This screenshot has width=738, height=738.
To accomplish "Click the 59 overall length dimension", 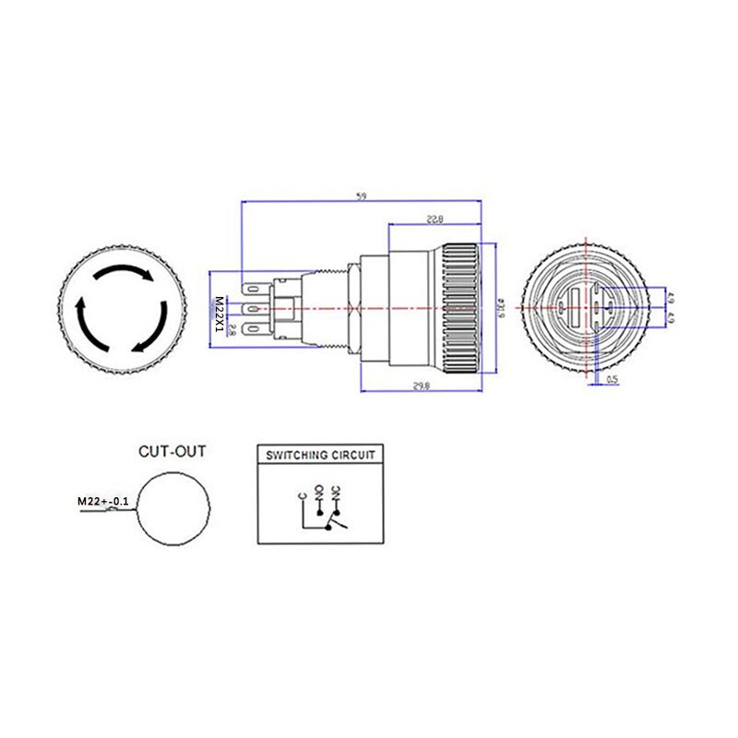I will click(360, 196).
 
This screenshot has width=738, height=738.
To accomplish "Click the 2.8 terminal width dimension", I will click(232, 329).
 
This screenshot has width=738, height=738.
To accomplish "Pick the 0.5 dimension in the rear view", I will click(613, 376).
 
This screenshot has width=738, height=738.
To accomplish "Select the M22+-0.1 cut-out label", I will click(101, 502).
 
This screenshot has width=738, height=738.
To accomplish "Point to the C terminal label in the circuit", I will click(303, 497).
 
